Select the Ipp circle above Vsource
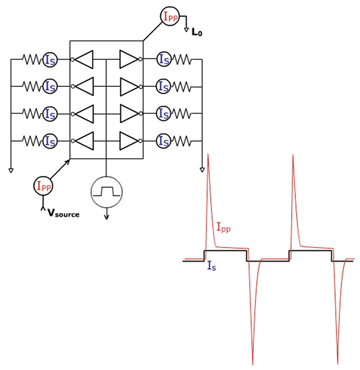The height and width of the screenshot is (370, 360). click(44, 186)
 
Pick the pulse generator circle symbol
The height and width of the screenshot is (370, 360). click(106, 190)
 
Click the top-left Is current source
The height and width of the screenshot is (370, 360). click(50, 61)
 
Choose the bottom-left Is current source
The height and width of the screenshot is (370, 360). click(50, 139)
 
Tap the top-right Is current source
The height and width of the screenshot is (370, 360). click(162, 61)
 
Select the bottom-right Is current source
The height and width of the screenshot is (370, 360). click(162, 139)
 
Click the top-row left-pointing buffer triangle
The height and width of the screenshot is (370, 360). click(88, 61)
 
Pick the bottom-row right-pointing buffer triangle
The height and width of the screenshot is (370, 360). click(127, 139)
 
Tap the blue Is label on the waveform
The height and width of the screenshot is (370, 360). click(212, 268)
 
